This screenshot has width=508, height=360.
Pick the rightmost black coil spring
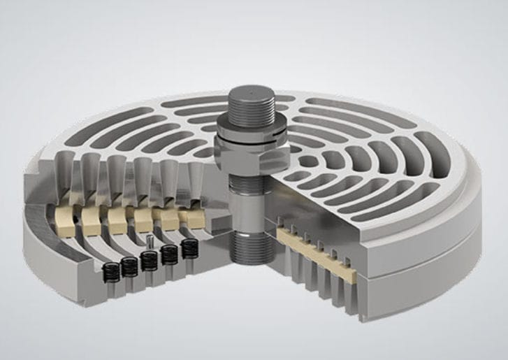tap(189, 247)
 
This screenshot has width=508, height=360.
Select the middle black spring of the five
tap(148, 260)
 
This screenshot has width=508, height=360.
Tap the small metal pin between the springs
tap(151, 240)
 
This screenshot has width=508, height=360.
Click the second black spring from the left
tap(129, 266)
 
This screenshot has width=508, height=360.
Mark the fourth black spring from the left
tap(168, 253)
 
